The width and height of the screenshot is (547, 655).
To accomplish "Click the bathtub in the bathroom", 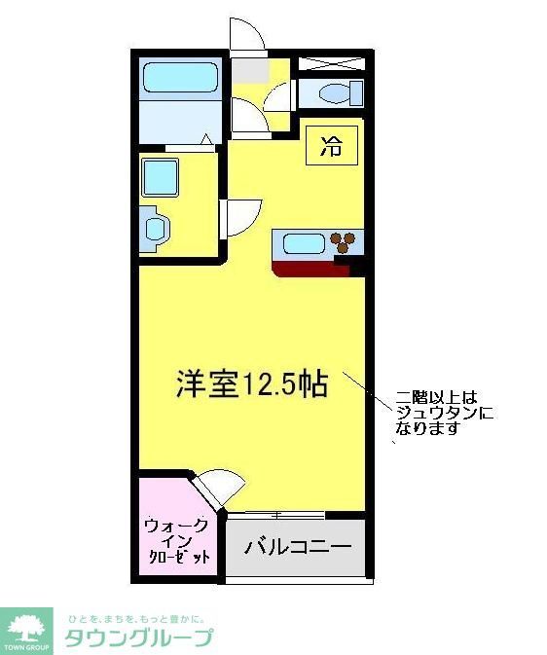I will point(182,78).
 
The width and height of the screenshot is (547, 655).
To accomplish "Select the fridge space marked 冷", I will point(332,148).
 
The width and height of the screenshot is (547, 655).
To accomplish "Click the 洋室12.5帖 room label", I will point(251,383).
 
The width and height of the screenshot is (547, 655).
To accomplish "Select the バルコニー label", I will point(297,547).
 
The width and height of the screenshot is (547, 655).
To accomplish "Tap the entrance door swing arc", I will point(247,35).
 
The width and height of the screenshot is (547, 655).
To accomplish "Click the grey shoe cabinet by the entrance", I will point(248,71).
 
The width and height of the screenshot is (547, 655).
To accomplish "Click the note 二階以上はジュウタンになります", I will point(444,412).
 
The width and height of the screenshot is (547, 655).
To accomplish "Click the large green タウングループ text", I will point(138,638).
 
